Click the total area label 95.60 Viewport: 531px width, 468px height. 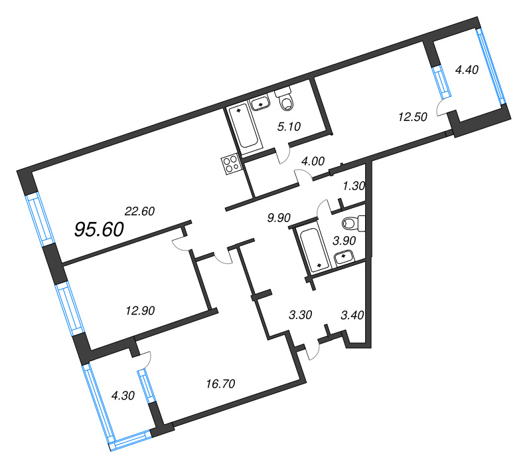tap(99, 229)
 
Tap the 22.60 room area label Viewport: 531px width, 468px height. tap(139, 211)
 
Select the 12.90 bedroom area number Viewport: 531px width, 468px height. tap(140, 310)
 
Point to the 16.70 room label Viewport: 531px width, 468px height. tap(220, 384)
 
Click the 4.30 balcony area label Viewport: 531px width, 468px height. tap(123, 396)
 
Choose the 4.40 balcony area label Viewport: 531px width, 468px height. tap(467, 70)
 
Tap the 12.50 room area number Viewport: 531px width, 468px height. tap(412, 117)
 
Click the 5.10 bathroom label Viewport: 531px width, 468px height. tap(289, 126)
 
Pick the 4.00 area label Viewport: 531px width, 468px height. tap(313, 161)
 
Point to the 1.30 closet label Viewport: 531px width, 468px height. tap(354, 186)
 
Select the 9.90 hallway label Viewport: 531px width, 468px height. tap(279, 218)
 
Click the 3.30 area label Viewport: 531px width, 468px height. tap(301, 314)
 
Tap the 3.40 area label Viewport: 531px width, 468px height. tap(352, 315)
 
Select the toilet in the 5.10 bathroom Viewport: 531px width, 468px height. tap(285, 98)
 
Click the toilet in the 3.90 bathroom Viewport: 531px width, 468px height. tap(354, 223)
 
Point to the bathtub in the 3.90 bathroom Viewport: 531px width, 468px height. tap(313, 249)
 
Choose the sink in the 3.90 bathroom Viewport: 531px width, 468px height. tap(344, 257)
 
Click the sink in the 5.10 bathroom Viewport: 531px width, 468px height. tap(260, 103)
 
